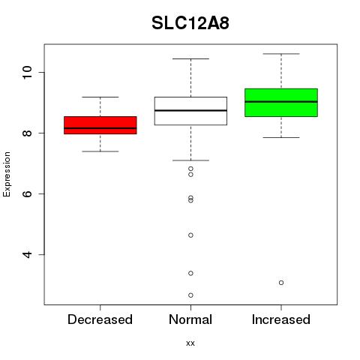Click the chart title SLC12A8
(190, 23)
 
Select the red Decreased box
(100, 125)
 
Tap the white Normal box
(190, 111)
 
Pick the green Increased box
(281, 103)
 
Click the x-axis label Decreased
(100, 319)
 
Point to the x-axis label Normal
(190, 319)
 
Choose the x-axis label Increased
(281, 319)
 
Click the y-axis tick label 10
(27, 72)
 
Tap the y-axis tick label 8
(27, 133)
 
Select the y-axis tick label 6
(27, 193)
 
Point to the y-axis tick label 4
(27, 254)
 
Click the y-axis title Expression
(7, 174)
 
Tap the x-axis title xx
(190, 343)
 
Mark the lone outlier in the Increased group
(281, 283)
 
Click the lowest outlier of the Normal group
(190, 295)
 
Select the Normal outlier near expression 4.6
(190, 235)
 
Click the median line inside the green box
(281, 102)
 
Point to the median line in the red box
(100, 128)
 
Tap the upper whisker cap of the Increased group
(281, 54)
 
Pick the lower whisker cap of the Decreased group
(100, 151)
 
